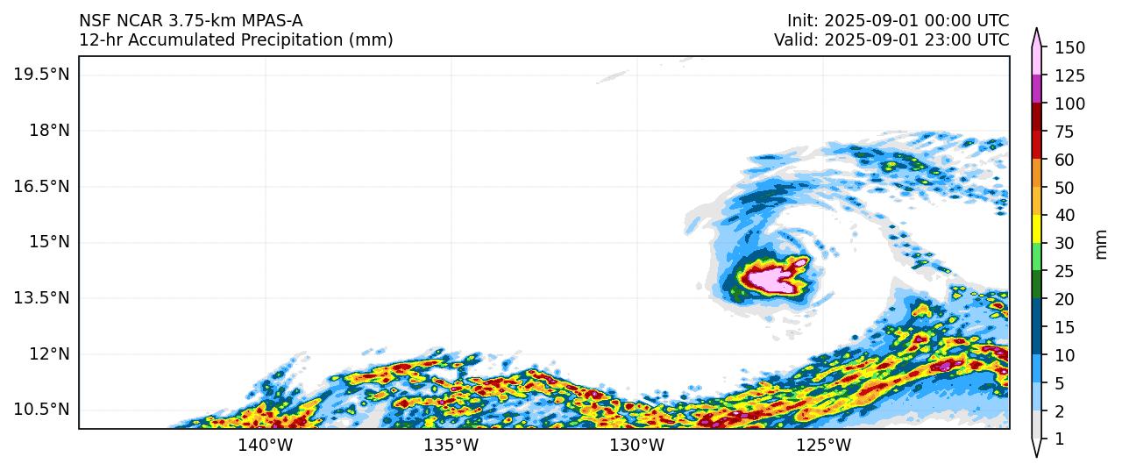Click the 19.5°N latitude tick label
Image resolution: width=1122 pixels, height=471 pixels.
(x=41, y=75)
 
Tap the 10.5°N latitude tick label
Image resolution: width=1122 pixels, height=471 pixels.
(x=41, y=410)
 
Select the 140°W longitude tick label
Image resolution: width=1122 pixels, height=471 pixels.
(x=266, y=446)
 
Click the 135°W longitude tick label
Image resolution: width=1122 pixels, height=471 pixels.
(x=451, y=446)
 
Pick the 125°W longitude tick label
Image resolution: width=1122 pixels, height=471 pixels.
(x=824, y=446)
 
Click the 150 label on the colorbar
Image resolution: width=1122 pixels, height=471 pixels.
(x=1069, y=47)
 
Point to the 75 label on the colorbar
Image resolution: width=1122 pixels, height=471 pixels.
(x=1065, y=132)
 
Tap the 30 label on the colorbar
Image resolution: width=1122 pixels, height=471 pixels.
(x=1065, y=244)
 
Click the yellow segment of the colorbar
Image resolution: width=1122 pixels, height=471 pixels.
(x=1037, y=230)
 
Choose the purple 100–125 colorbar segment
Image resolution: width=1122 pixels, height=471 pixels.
(x=1037, y=89)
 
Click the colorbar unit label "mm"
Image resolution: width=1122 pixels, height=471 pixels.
(x=1102, y=244)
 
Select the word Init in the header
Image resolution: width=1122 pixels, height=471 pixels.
(x=800, y=21)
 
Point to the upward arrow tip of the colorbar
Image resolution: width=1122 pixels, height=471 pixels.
(x=1037, y=31)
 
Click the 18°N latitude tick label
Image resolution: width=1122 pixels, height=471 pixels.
(x=47, y=131)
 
